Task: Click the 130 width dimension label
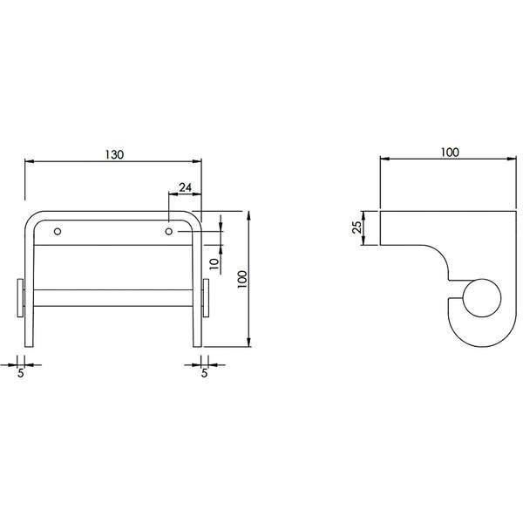114,154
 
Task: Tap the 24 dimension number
185,187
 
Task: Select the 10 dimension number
214,263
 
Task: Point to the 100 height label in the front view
242,279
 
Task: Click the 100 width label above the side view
450,152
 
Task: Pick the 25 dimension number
357,228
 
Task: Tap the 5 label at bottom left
21,373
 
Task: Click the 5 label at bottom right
204,372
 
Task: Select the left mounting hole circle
58,231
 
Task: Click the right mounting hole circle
169,231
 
